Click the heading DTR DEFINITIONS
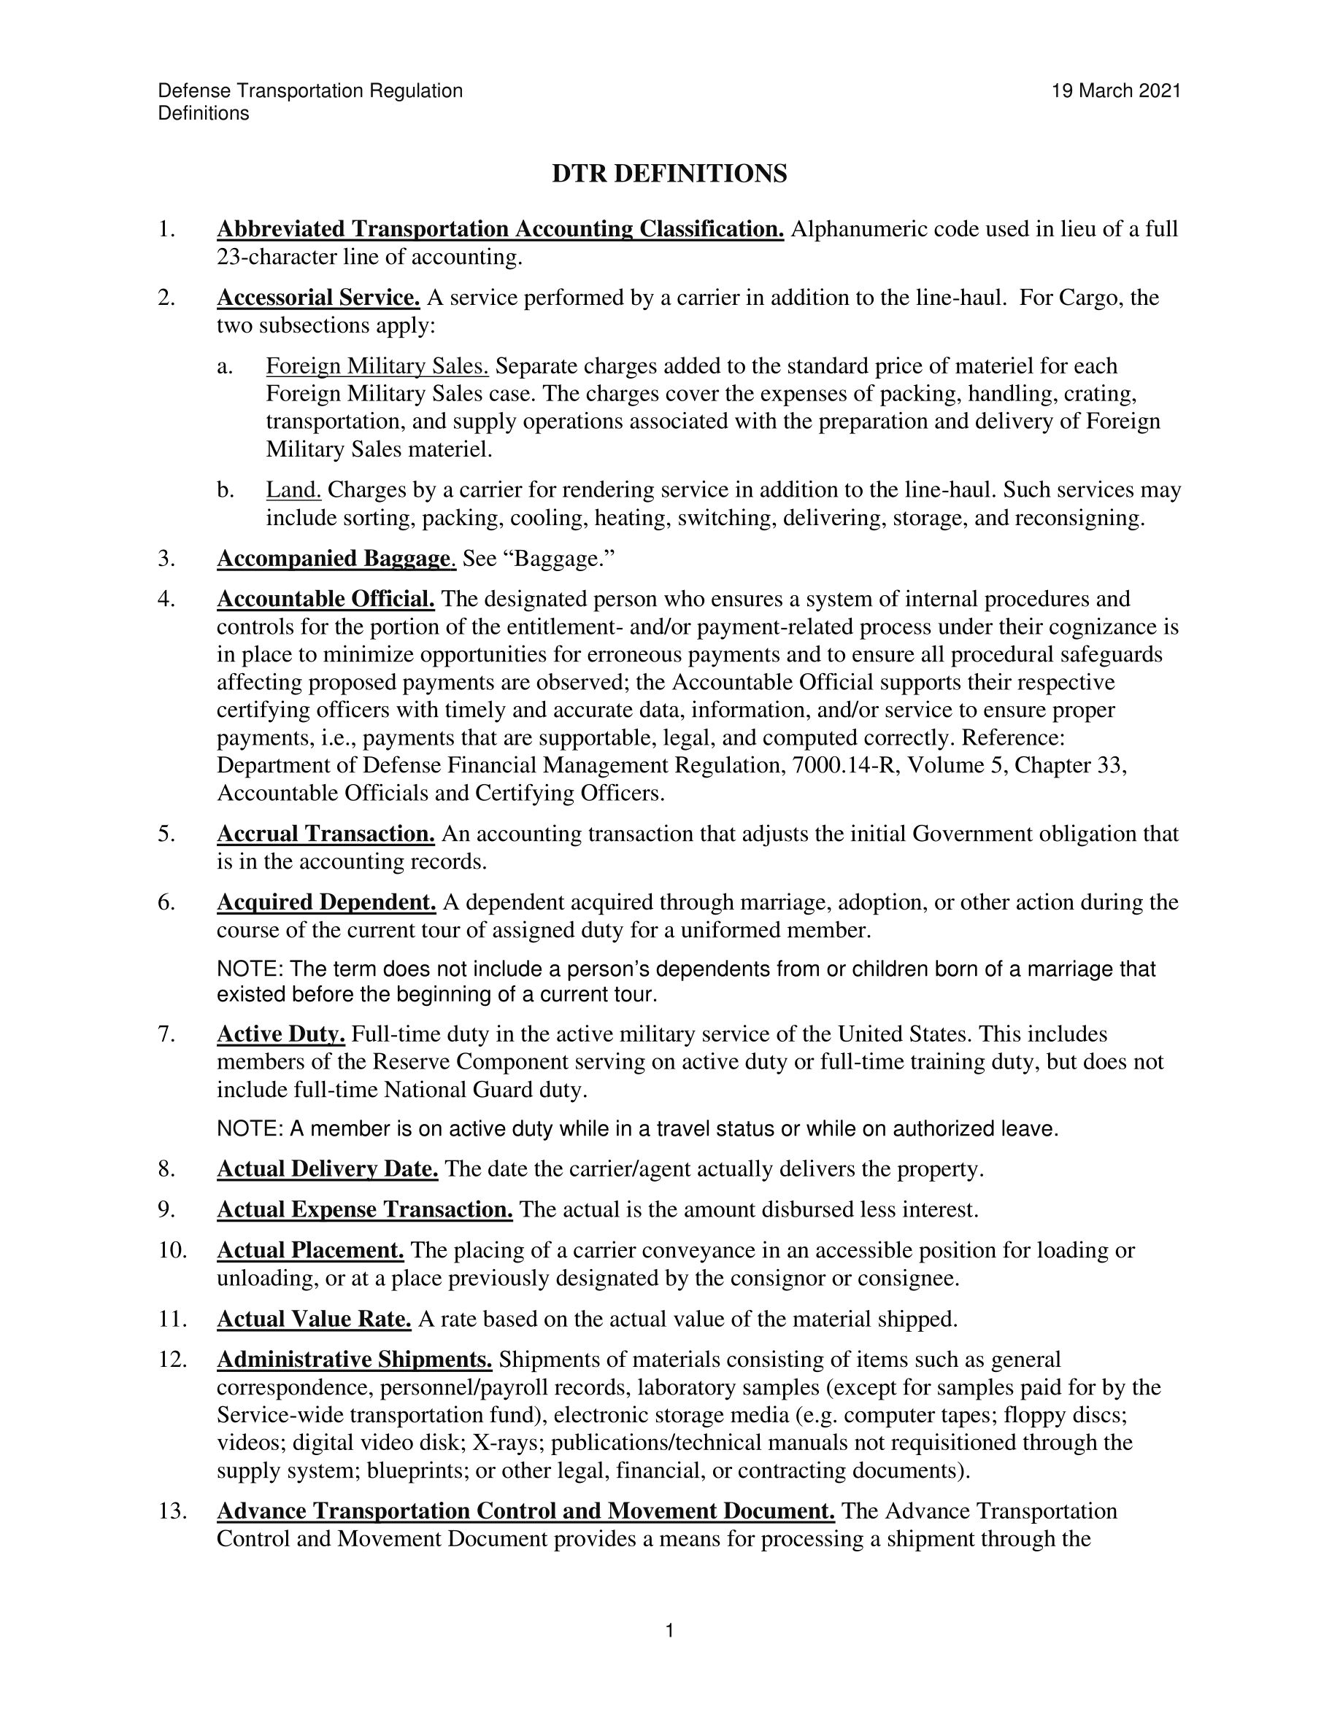[669, 174]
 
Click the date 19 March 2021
[1116, 91]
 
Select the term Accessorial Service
[318, 298]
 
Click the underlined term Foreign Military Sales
[377, 366]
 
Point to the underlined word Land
[293, 489]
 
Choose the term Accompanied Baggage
[335, 559]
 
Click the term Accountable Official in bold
[326, 598]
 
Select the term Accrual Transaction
[326, 834]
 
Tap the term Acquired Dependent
[326, 902]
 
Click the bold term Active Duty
[281, 1034]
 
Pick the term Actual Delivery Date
[327, 1168]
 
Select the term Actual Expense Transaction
[364, 1209]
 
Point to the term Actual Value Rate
[314, 1319]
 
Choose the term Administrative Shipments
[354, 1360]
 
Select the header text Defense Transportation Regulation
[310, 91]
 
